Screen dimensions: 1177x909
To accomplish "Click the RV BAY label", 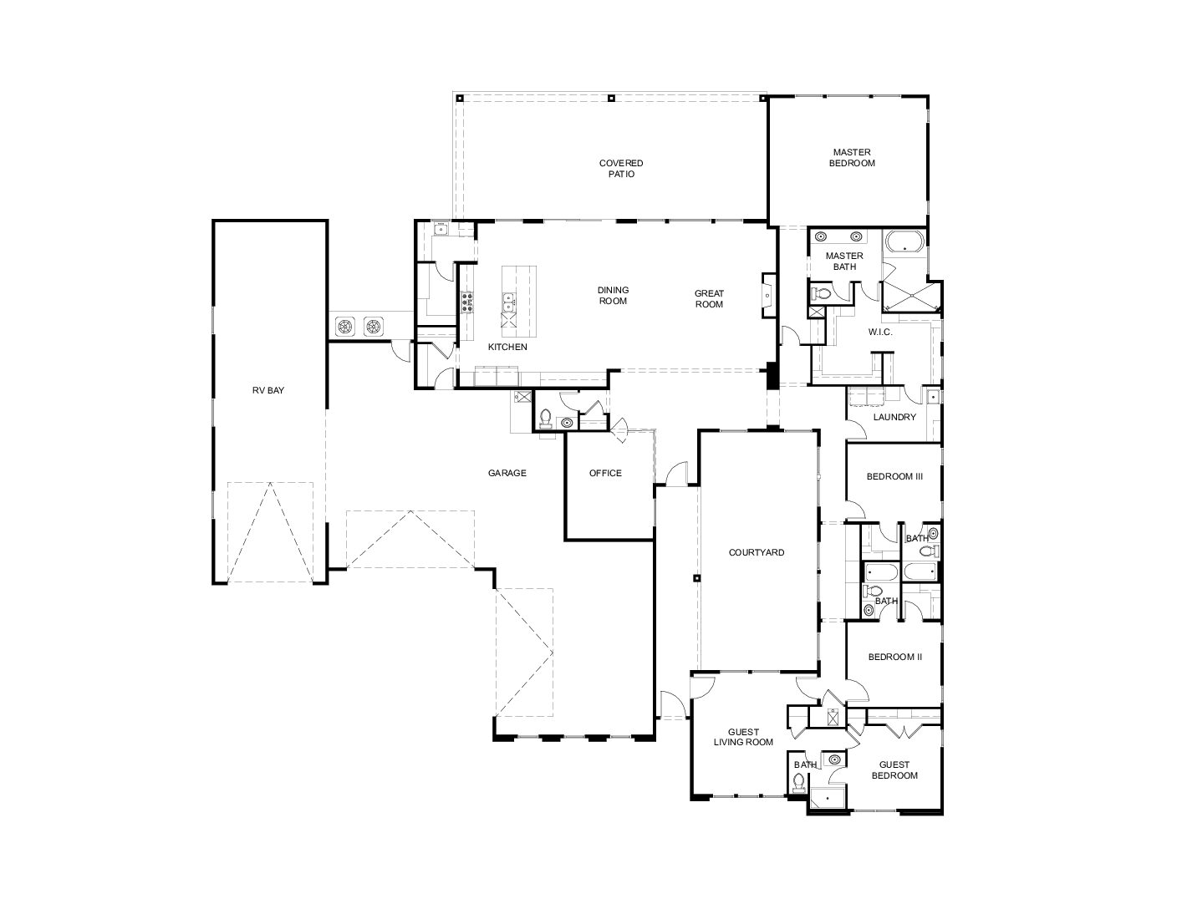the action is [x=267, y=390].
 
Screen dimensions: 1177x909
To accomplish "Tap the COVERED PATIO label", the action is [x=621, y=169].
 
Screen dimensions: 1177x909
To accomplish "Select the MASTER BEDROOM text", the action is [x=852, y=158].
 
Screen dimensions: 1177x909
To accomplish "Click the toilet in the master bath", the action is [x=821, y=293].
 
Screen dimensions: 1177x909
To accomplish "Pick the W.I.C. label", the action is [x=880, y=332].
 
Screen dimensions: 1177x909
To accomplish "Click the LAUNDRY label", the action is [x=894, y=417].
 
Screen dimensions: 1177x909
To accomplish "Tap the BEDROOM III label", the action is [x=894, y=476].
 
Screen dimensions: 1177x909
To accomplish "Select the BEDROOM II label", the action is [x=894, y=657].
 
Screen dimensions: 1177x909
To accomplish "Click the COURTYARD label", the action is [x=757, y=552].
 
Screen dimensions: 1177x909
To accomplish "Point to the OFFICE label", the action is [x=605, y=473].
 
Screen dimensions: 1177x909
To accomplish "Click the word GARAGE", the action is [x=507, y=473].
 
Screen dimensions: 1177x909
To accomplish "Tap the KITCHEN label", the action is [x=507, y=347].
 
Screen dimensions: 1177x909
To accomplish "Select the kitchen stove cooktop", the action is [x=467, y=302].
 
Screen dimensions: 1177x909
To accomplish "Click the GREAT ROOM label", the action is [x=709, y=299].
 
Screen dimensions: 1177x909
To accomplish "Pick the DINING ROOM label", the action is [x=613, y=296].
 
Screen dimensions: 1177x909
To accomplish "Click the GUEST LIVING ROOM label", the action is [x=743, y=737].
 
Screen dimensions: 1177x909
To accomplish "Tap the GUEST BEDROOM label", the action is [x=894, y=769].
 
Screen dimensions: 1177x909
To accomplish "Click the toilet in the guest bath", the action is [x=798, y=782].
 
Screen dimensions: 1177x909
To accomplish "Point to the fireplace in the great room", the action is [x=769, y=296].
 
